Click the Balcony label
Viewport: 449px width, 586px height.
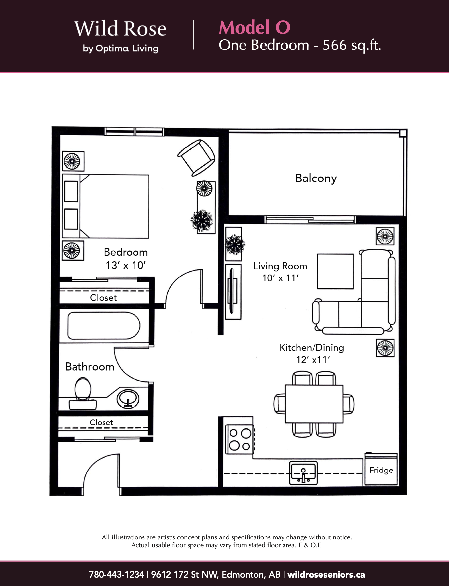316,178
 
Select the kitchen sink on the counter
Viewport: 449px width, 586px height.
303,473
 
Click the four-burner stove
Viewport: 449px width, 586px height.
240,439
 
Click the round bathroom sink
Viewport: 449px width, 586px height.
128,398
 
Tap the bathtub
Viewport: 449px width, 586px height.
104,326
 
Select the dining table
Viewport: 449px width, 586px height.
314,404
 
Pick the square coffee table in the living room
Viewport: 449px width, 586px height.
335,271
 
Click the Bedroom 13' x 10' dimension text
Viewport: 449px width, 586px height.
126,265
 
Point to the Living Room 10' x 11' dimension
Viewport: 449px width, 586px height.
280,278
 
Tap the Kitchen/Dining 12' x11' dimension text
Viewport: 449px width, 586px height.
313,359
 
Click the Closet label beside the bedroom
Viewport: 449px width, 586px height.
104,298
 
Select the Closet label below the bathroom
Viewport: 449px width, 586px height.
102,422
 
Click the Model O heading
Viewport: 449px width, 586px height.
254,27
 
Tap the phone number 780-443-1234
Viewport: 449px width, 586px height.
116,574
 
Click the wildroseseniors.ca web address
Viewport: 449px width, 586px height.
326,574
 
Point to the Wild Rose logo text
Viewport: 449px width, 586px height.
120,29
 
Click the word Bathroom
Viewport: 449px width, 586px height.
90,367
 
